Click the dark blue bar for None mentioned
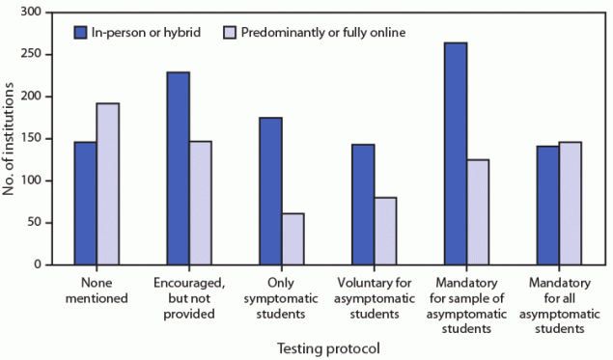[84, 203]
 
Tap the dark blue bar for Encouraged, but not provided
[178, 168]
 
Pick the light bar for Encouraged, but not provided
[200, 203]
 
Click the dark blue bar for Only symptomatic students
[270, 190]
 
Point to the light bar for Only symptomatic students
[293, 238]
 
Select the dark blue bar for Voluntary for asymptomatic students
[363, 204]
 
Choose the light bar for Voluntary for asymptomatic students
[385, 231]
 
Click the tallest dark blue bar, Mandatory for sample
[456, 153]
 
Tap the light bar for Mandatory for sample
[478, 211]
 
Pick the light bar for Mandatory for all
[571, 203]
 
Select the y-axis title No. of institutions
[11, 138]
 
